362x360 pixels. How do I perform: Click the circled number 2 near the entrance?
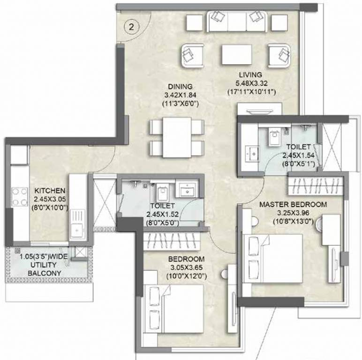coord(132,27)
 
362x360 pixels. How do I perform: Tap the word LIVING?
coord(250,75)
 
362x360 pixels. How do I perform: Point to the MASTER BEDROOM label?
coord(293,205)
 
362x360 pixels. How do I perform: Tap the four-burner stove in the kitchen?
coord(19,196)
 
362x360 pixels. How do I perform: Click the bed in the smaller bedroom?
coord(176,308)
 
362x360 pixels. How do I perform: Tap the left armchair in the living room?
coord(192,55)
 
